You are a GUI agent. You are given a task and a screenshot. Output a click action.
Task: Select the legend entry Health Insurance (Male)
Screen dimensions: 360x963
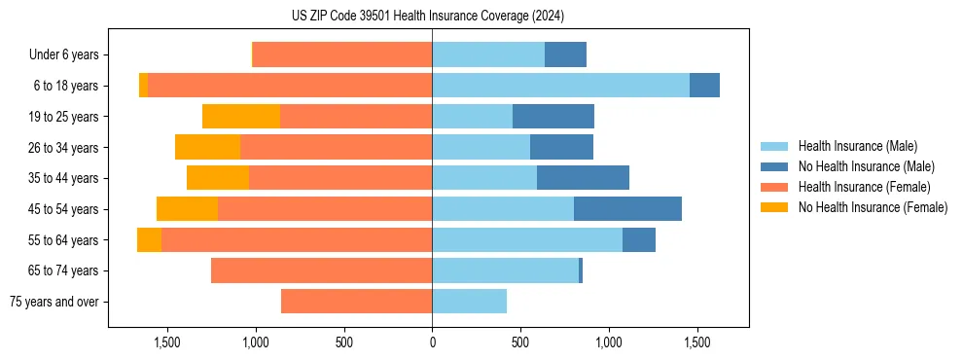[x=857, y=146]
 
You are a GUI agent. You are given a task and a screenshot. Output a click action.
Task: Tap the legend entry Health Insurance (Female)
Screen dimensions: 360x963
[x=864, y=187]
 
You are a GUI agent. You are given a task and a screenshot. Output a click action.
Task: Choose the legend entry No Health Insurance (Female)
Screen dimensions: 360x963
[x=873, y=207]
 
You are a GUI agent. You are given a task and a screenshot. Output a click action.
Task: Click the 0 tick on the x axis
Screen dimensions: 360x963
[x=432, y=342]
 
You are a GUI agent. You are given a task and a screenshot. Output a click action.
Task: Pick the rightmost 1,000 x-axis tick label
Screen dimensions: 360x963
[x=609, y=342]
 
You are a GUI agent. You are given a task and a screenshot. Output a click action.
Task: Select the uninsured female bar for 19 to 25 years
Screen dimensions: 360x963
[x=241, y=117]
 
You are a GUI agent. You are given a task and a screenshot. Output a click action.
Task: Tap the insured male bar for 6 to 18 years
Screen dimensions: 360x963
[x=560, y=86]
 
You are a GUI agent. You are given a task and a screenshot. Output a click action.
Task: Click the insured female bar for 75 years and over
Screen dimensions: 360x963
[x=356, y=302]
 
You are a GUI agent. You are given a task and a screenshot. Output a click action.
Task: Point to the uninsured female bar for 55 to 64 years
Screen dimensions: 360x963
[x=149, y=240]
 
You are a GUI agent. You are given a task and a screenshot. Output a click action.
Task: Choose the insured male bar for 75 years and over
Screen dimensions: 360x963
[x=469, y=302]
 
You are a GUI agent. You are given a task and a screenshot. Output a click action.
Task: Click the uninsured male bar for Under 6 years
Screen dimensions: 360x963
[x=565, y=55]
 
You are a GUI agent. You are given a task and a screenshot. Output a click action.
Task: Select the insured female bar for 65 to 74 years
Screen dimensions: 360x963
[x=321, y=270]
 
